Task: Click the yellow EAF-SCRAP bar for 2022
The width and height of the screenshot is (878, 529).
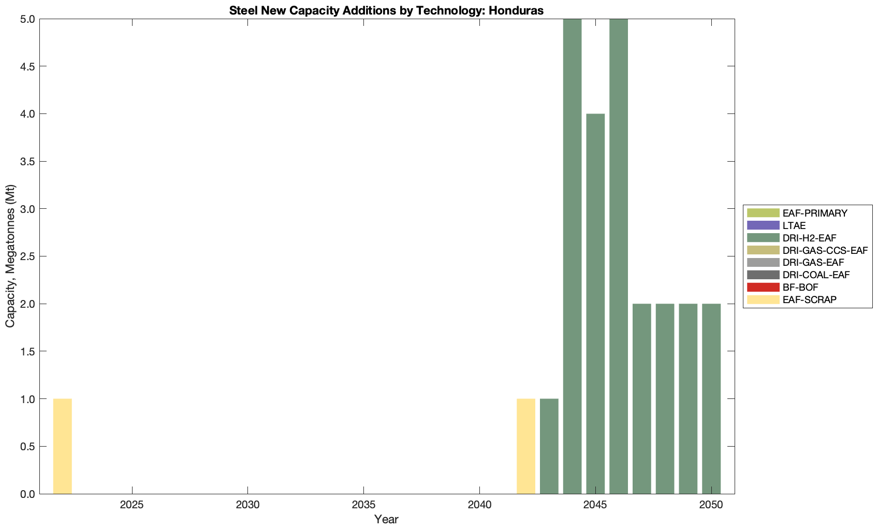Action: click(x=62, y=446)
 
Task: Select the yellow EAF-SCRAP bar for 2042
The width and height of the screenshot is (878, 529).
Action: click(x=526, y=446)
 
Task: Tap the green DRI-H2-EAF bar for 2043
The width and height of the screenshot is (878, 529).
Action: click(x=549, y=446)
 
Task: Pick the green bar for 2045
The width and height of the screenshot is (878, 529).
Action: click(x=595, y=304)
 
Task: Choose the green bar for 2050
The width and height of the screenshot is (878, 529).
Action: click(x=711, y=398)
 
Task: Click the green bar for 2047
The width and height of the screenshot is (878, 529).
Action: click(x=642, y=398)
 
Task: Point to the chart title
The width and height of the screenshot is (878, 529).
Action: click(x=386, y=10)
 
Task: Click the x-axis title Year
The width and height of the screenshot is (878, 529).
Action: click(x=386, y=519)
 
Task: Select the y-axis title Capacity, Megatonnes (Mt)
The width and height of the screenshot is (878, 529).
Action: click(x=10, y=256)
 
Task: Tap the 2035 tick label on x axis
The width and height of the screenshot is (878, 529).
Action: click(x=363, y=505)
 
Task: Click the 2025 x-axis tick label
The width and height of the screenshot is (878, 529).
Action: click(x=132, y=505)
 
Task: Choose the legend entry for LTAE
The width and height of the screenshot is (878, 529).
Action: click(x=794, y=225)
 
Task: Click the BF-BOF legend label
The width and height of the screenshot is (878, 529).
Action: click(x=800, y=287)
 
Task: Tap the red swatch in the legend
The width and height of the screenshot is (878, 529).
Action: click(x=763, y=287)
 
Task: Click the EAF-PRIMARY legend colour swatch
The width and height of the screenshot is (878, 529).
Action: click(x=763, y=213)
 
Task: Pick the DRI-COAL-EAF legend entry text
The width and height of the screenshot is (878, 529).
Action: click(x=816, y=275)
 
